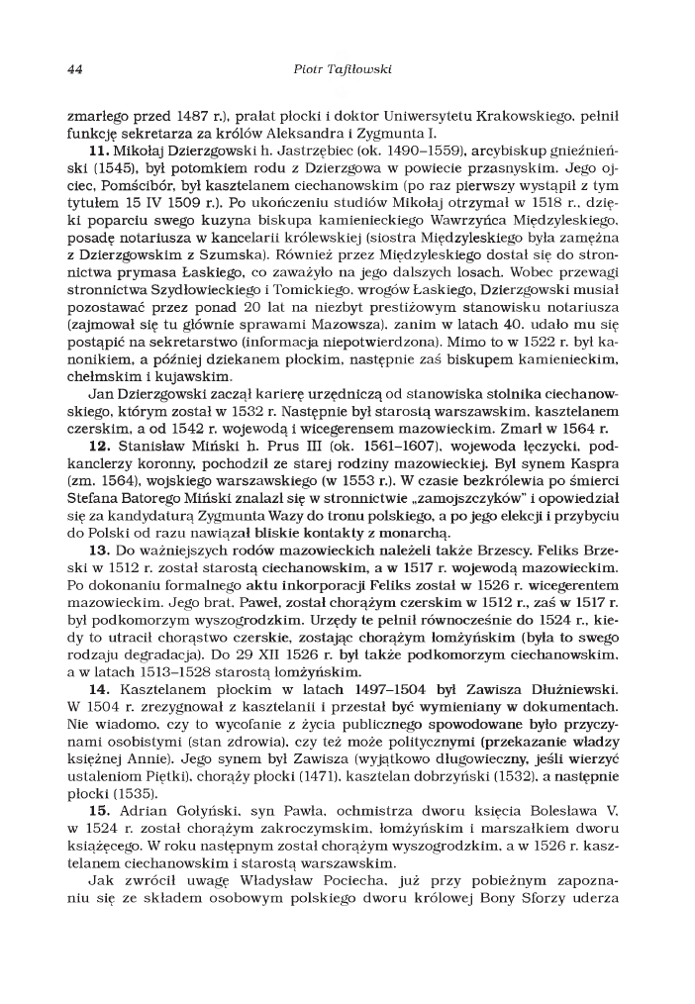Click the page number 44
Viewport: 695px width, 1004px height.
click(73, 70)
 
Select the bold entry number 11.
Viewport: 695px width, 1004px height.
click(99, 151)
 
